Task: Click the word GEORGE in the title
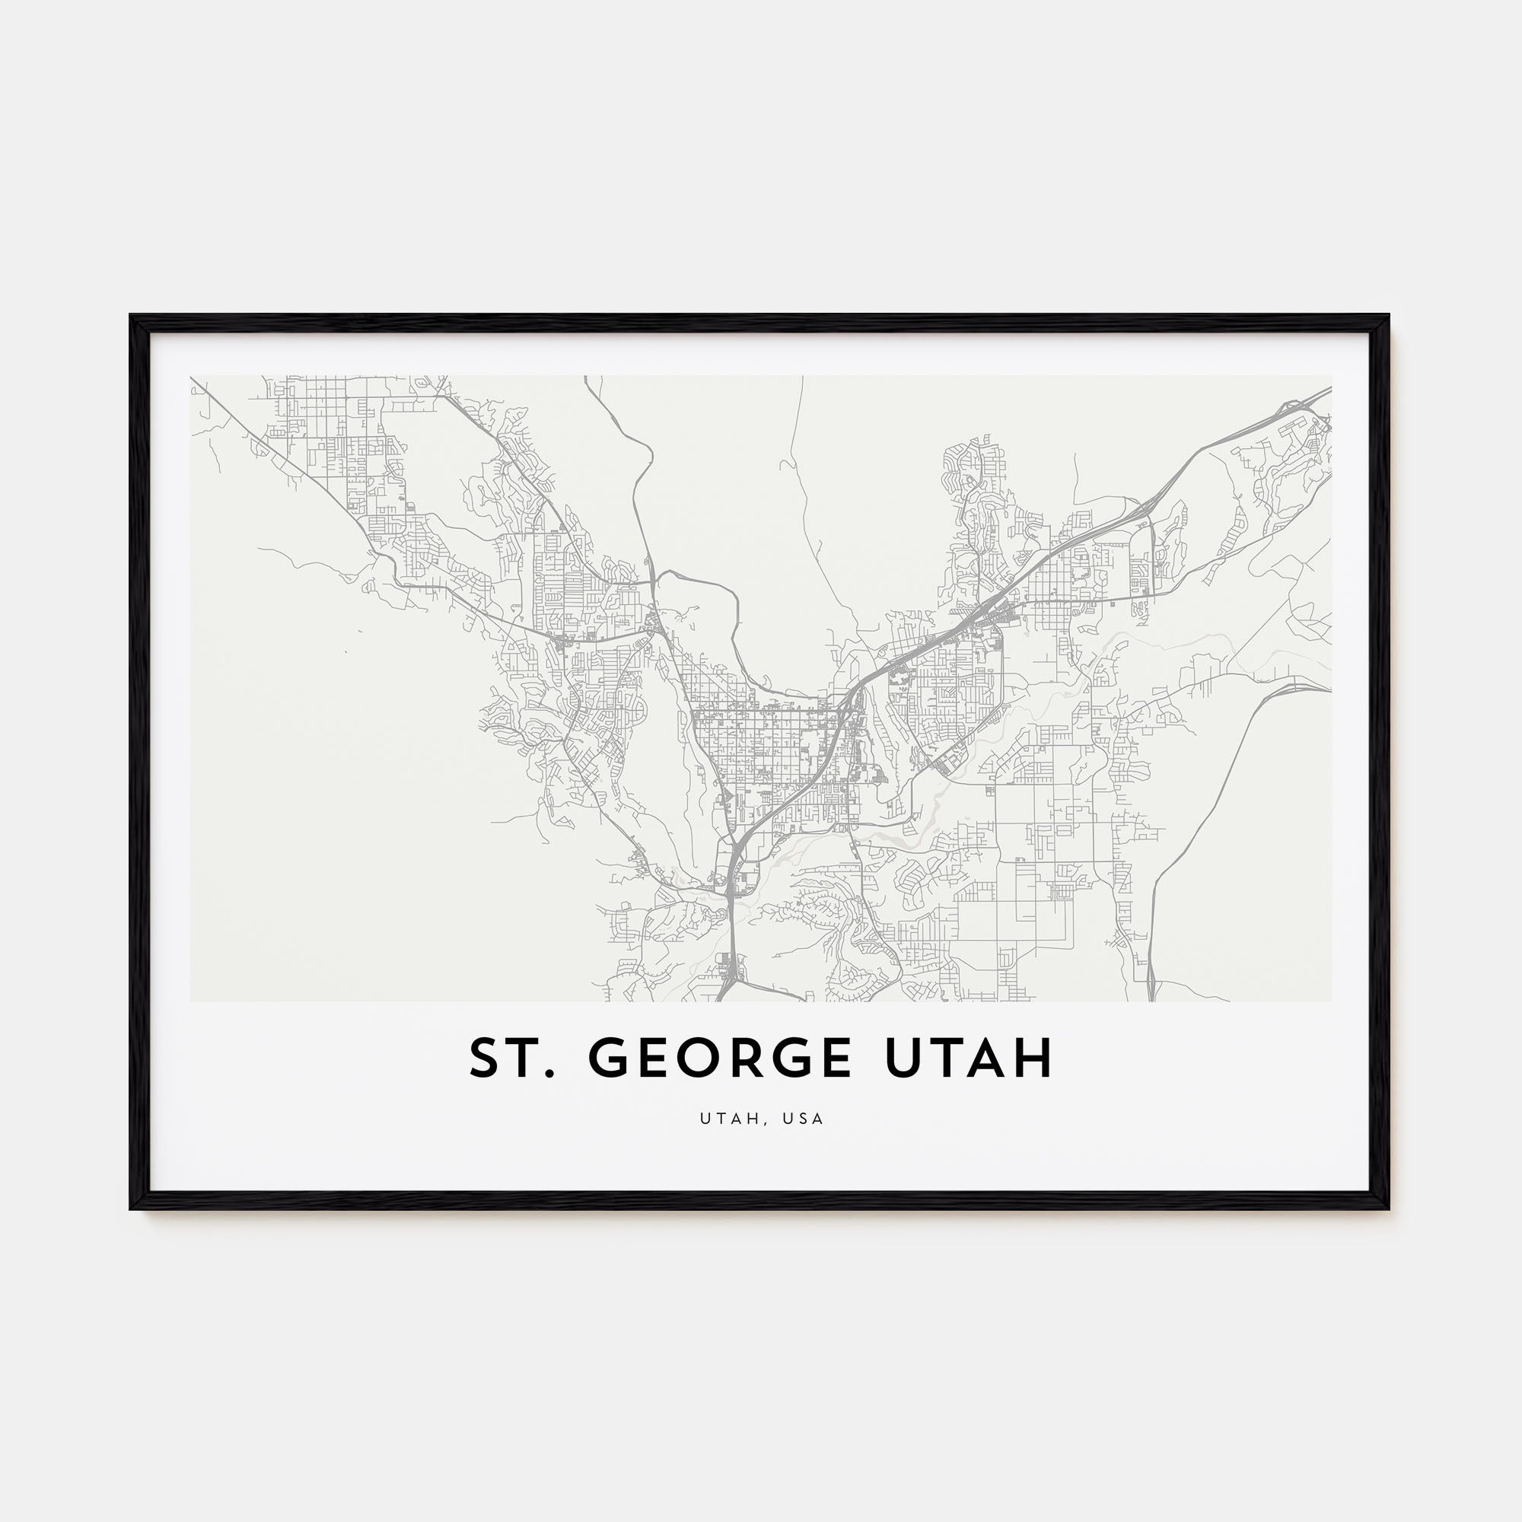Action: tap(720, 1058)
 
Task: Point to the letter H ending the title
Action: tap(1035, 1058)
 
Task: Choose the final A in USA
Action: tap(820, 1119)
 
